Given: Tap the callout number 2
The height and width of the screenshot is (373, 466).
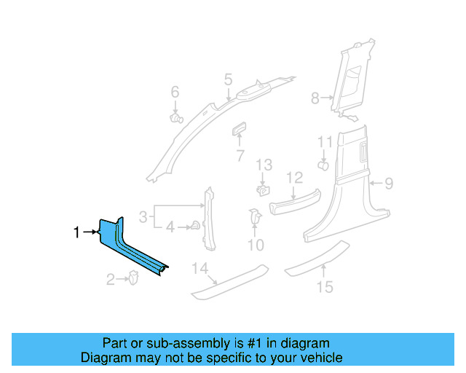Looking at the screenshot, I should tap(111, 279).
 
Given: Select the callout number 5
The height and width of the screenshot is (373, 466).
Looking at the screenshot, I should tap(228, 79).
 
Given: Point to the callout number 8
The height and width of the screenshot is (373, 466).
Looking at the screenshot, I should tap(315, 98).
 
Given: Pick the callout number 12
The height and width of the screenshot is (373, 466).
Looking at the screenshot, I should tap(294, 177).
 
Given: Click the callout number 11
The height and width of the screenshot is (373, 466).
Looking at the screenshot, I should tap(325, 142).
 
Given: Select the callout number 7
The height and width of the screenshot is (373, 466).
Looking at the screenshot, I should tap(240, 156).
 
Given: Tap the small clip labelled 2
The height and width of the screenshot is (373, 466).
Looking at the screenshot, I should tap(134, 278).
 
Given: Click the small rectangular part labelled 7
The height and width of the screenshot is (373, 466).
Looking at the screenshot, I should tap(239, 130).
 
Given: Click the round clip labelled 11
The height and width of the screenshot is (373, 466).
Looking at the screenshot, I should tap(323, 165).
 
